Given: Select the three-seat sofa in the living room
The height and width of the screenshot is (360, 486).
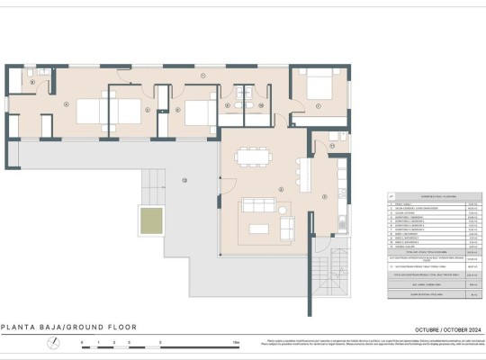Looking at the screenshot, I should (257, 206).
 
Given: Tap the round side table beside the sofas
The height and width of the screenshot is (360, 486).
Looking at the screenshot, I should (285, 211).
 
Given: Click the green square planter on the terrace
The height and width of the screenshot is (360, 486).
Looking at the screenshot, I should (149, 218).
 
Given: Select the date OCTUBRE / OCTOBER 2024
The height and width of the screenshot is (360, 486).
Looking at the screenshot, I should (433, 328).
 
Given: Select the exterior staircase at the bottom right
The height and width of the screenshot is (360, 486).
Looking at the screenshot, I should (326, 273).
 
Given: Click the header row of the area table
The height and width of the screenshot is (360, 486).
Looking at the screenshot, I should (429, 194).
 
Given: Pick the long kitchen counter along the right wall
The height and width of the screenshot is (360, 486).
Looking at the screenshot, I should (343, 193).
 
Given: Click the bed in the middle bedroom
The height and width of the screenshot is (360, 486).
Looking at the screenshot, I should (196, 112).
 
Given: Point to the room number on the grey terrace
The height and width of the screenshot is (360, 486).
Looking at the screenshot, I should (184, 180).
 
